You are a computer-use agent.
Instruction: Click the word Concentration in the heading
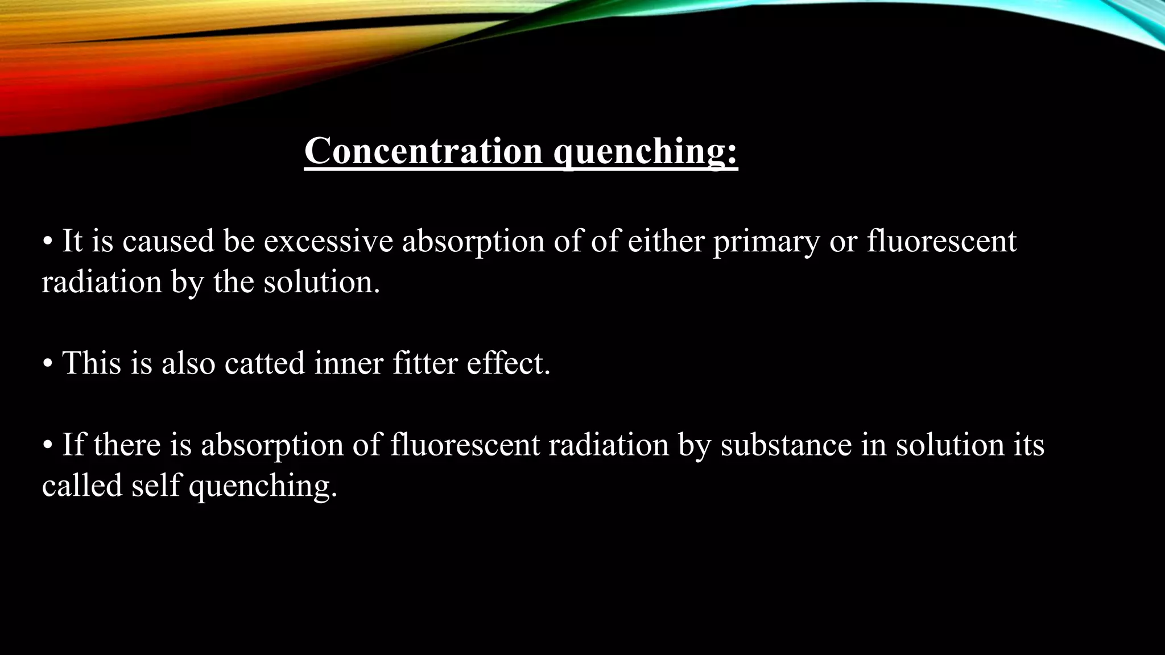click(423, 151)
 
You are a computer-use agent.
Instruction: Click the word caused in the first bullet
click(168, 242)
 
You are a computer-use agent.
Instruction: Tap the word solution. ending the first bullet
click(321, 282)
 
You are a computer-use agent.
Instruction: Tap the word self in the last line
click(155, 486)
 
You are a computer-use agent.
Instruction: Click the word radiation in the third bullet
click(609, 445)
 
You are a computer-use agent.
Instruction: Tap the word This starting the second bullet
click(91, 363)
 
